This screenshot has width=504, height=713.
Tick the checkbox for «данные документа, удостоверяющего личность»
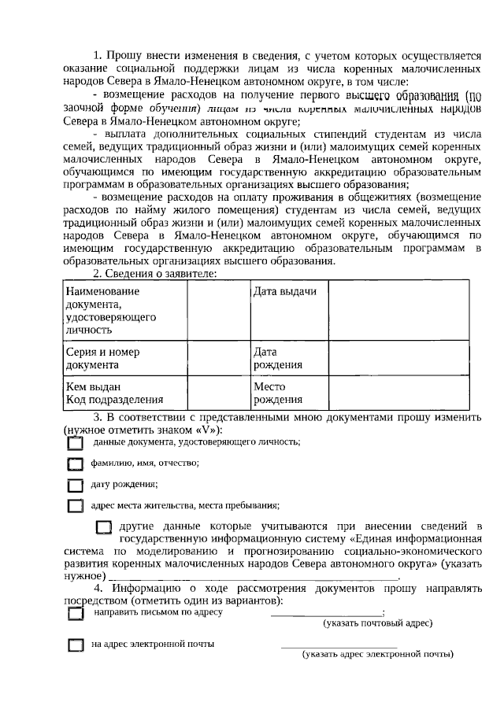point(75,444)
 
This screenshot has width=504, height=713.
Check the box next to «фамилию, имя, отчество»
point(75,464)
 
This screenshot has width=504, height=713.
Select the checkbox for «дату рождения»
point(75,485)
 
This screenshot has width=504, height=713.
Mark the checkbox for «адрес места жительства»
point(75,506)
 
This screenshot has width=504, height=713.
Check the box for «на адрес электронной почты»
point(75,645)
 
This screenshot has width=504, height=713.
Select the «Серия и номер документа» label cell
point(124,359)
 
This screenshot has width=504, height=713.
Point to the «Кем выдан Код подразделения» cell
point(124,393)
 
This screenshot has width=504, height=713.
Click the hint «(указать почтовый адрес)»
point(378,623)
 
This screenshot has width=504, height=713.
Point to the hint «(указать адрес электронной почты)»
point(378,655)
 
